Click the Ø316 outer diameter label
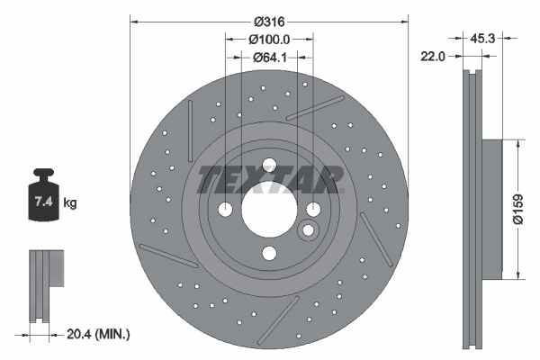coord(269,21)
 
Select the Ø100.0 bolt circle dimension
coord(269,40)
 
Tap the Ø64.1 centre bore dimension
coord(269,58)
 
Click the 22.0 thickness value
coord(434,56)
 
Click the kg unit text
coord(70,203)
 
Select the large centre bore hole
coord(269,209)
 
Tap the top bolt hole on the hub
coord(269,164)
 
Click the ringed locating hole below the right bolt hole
coord(309,230)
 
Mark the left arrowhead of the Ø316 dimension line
coord(134,20)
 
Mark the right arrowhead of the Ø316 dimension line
coord(404,20)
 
